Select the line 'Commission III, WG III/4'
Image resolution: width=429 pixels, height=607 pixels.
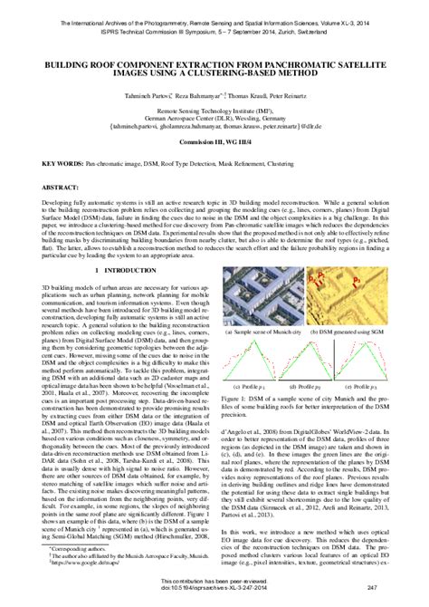(x=214, y=144)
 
